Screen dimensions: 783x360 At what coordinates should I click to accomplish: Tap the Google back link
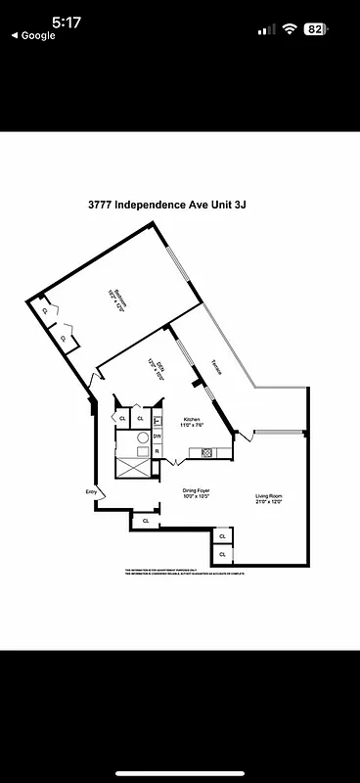(x=33, y=35)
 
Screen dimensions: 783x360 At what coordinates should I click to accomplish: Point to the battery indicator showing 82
(x=315, y=29)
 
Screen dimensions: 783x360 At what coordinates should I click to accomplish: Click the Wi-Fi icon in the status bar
(x=289, y=29)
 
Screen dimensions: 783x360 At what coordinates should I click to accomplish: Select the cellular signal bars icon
(x=266, y=29)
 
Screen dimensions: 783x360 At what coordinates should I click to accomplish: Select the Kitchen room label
(x=192, y=422)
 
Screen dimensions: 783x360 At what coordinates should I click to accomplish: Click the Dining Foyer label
(x=197, y=492)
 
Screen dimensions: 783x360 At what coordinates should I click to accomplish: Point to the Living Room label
(x=269, y=499)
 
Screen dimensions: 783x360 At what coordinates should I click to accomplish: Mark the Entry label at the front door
(x=91, y=491)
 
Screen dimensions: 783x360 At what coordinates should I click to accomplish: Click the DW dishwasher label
(x=157, y=435)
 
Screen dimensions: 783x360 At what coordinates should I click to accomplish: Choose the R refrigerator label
(x=157, y=451)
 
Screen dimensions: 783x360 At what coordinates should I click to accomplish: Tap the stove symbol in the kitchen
(x=207, y=452)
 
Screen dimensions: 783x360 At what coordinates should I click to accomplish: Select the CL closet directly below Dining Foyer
(x=146, y=521)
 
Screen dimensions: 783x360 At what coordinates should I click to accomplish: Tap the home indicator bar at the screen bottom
(x=180, y=773)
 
